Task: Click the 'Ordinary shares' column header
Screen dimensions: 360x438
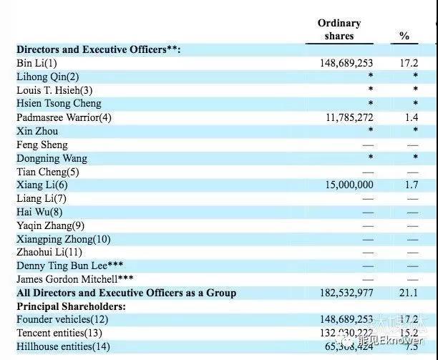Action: coord(339,29)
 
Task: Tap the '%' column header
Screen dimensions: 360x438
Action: coord(404,36)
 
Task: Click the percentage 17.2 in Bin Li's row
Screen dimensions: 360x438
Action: coord(409,63)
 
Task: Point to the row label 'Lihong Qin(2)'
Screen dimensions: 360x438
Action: coord(48,77)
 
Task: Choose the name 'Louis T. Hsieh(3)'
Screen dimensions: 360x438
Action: coord(54,90)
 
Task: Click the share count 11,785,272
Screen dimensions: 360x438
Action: coord(345,117)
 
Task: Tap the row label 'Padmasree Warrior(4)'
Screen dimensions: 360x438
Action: coord(64,117)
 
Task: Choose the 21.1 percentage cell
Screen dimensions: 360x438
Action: coord(409,293)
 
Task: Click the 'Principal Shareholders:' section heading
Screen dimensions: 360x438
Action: coord(71,306)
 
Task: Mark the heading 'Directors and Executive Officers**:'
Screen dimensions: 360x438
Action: coord(99,49)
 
